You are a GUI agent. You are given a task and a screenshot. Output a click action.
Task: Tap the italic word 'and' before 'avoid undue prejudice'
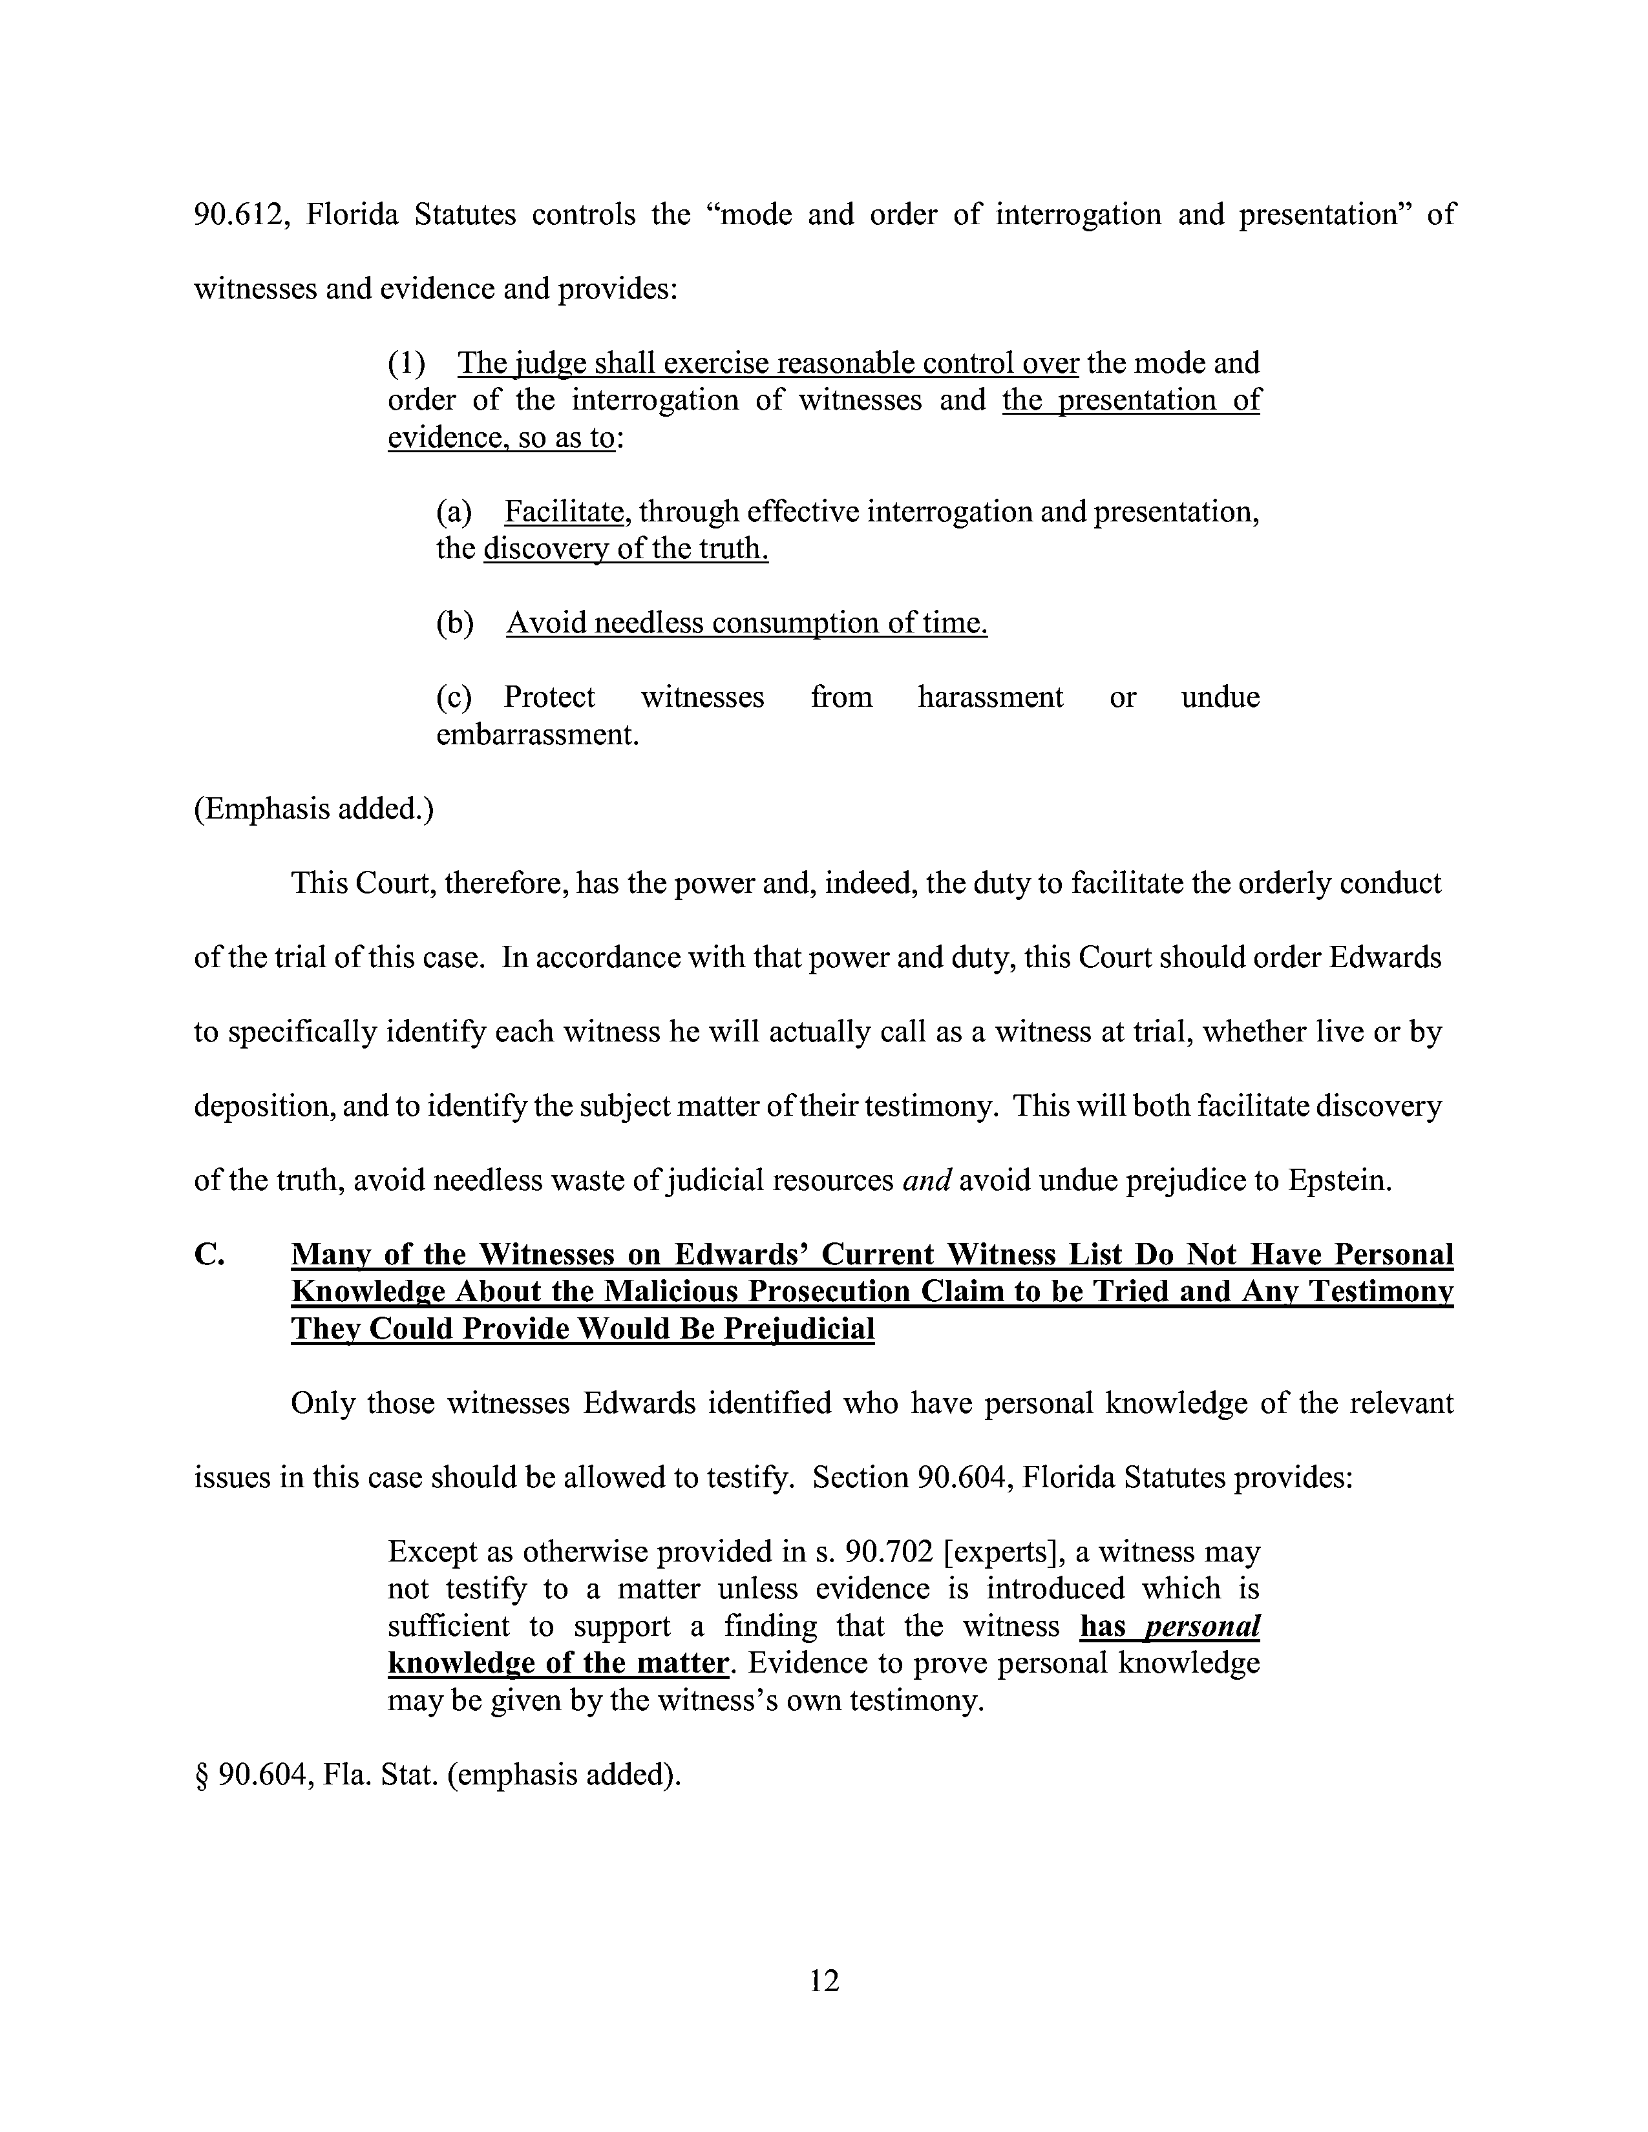(x=927, y=1181)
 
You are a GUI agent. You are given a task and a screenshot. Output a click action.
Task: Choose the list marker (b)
(x=455, y=623)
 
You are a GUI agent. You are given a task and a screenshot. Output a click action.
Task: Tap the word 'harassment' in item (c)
(x=990, y=697)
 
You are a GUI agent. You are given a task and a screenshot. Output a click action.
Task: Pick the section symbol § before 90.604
(x=202, y=1775)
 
